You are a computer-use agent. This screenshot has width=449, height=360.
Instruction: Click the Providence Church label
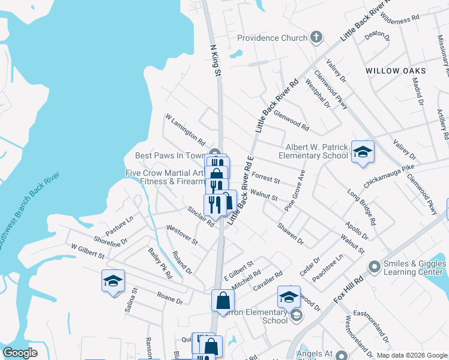click(272, 38)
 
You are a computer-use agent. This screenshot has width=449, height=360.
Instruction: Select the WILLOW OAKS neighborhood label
click(396, 71)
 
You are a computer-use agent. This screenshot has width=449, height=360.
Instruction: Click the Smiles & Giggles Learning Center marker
click(375, 265)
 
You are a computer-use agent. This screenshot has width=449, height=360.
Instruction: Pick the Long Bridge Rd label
click(361, 208)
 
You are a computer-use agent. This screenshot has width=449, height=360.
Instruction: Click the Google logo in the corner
click(20, 353)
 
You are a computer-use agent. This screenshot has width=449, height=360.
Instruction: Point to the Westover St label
click(182, 235)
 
